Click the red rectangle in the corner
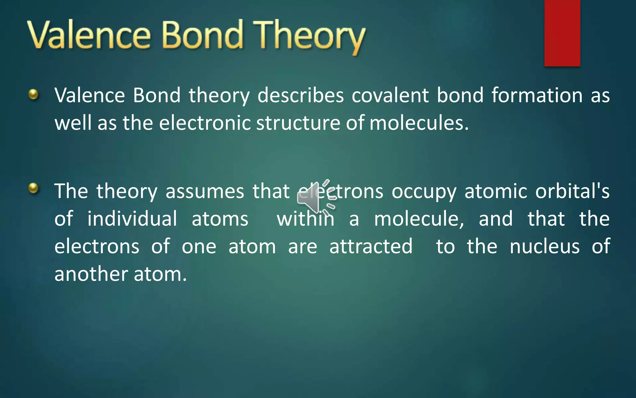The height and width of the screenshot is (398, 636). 562,33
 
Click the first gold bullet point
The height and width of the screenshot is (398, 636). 33,94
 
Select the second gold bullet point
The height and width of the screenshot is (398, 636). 33,188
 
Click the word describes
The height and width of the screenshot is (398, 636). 300,95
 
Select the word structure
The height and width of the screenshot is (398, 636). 298,123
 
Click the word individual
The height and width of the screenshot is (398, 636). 132,219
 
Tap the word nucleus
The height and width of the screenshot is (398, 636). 544,246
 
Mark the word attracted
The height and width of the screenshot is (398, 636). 371,246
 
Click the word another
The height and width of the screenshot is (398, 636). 91,274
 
